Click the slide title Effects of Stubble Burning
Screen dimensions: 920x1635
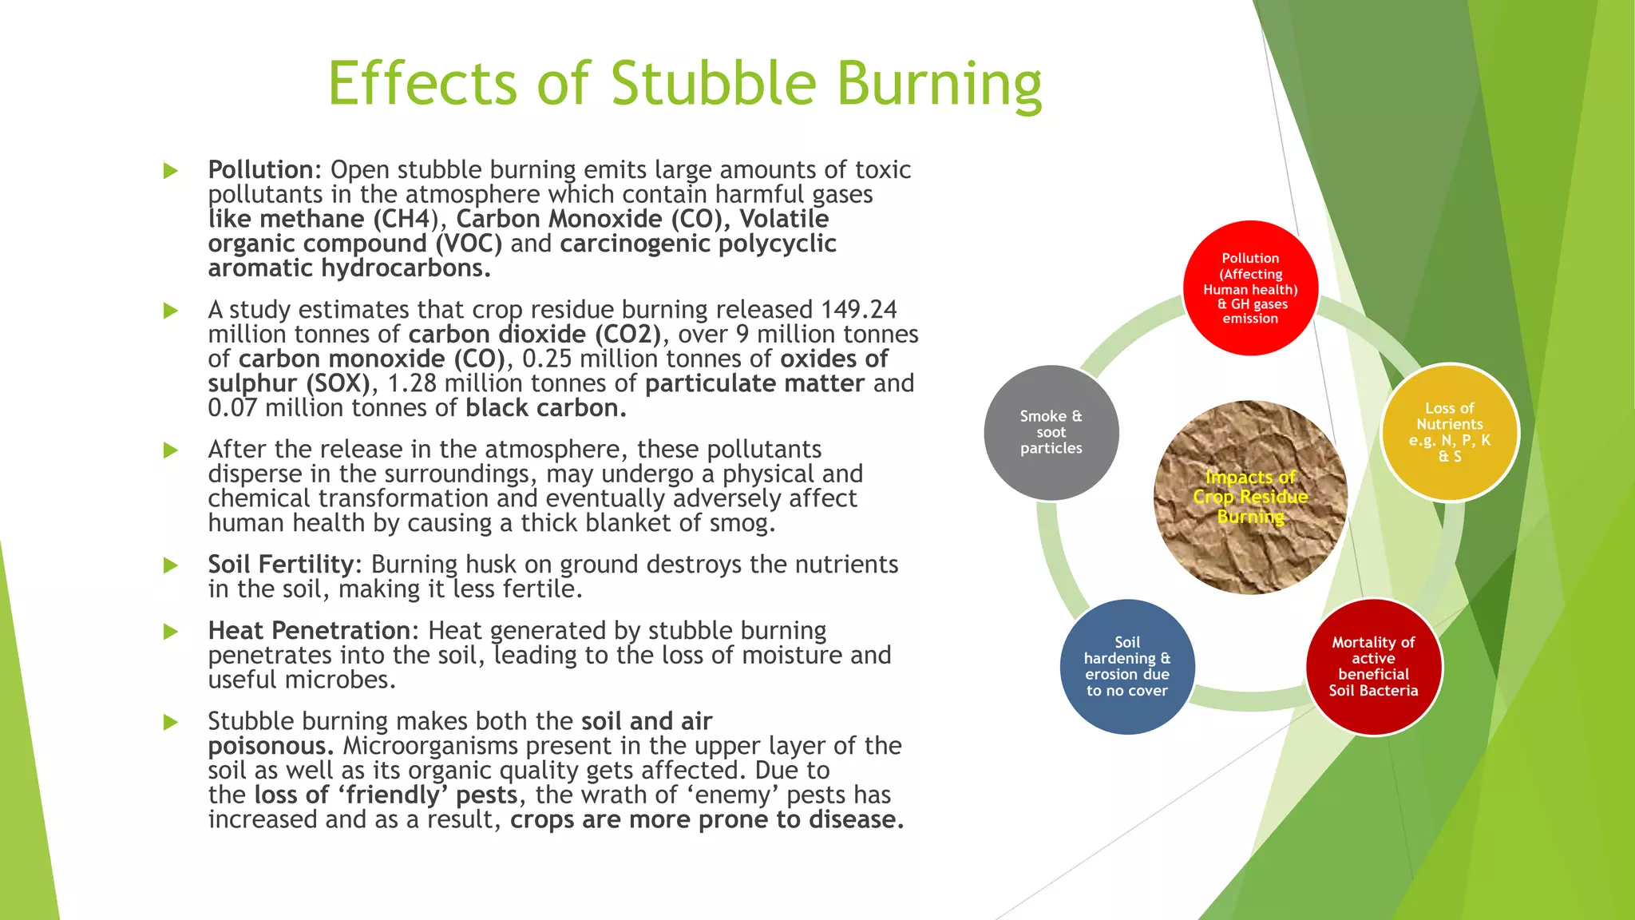[x=684, y=83]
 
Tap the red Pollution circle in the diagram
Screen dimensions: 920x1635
[x=1250, y=287]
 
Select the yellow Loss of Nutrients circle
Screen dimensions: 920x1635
[x=1449, y=432]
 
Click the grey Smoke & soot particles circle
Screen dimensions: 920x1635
[x=1051, y=432]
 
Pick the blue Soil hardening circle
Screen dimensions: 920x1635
[x=1126, y=666]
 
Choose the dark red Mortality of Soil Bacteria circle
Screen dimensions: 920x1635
[x=1373, y=666]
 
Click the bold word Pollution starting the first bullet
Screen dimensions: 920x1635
[x=260, y=170]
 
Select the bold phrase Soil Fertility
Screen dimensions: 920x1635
[x=280, y=565]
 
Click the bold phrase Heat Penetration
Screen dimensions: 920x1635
[x=309, y=631]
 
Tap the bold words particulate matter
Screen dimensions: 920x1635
[x=754, y=383]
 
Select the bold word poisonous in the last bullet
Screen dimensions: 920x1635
[x=269, y=746]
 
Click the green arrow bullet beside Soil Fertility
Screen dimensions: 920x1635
[x=170, y=565]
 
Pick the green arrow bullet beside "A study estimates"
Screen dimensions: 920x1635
[x=170, y=310]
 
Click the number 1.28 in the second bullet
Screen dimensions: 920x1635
[x=412, y=383]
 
